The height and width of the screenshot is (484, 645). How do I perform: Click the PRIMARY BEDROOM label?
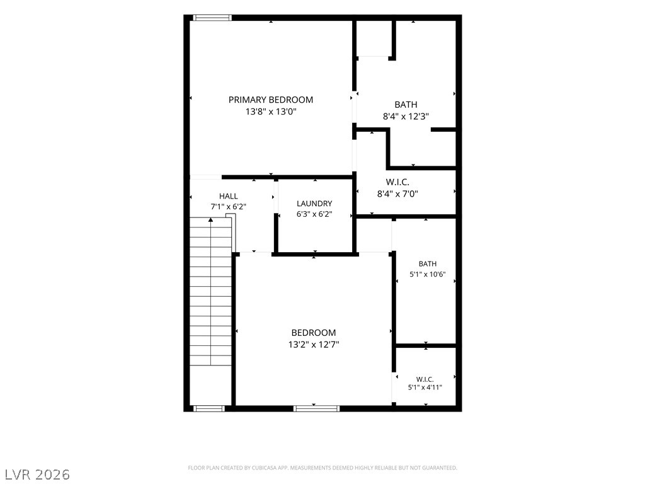click(271, 100)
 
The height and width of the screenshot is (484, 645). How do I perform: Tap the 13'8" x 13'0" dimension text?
click(271, 112)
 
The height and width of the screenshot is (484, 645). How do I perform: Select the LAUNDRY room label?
click(314, 204)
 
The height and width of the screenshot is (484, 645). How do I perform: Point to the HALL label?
click(228, 197)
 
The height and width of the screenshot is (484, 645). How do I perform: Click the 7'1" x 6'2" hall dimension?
click(228, 207)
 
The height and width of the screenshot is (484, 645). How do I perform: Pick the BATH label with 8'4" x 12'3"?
click(406, 105)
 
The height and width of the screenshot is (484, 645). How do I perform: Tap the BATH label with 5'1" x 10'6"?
click(428, 264)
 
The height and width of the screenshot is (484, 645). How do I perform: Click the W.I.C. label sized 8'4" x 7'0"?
click(397, 182)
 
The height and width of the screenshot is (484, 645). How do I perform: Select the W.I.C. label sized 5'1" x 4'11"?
click(425, 379)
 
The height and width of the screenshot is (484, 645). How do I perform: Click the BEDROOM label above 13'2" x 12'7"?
click(314, 333)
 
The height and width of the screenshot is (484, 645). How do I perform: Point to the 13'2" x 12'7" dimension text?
click(314, 345)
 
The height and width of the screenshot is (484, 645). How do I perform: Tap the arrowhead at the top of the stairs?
click(210, 220)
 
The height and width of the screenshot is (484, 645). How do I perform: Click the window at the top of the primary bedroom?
click(212, 18)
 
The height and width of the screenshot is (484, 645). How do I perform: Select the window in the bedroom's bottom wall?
click(316, 408)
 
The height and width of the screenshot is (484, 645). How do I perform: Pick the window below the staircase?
click(209, 408)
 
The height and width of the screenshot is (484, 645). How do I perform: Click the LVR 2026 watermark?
click(35, 475)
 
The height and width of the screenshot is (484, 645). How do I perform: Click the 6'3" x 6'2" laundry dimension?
click(314, 214)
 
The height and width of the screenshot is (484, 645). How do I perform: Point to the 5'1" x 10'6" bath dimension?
click(428, 274)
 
